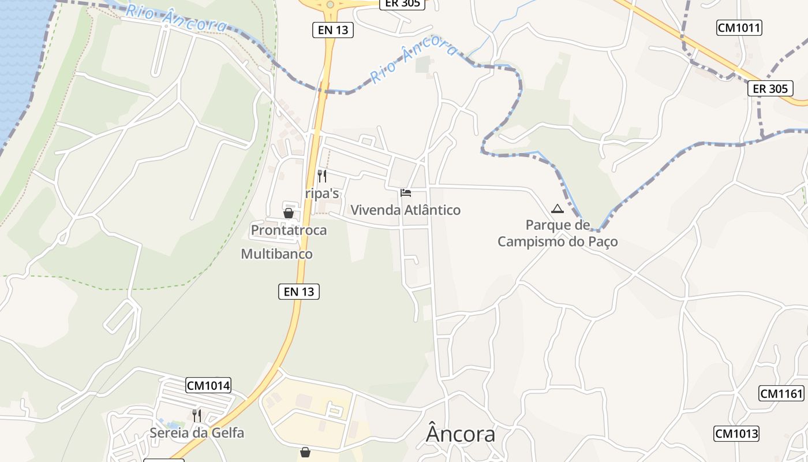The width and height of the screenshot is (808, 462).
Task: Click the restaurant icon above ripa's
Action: (x=322, y=176)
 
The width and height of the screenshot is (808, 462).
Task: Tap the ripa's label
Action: (x=322, y=193)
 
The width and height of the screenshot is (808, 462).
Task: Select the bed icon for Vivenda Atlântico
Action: (x=406, y=192)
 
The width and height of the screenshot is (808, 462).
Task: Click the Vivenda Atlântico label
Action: (x=406, y=210)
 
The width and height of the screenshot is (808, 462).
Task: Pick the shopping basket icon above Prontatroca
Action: (x=289, y=213)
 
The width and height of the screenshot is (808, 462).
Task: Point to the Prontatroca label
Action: (x=289, y=230)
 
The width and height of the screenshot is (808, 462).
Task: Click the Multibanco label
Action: (x=276, y=254)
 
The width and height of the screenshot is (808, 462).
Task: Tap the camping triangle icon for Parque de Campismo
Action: (x=557, y=208)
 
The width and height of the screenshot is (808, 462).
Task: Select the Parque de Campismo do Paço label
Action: (x=558, y=233)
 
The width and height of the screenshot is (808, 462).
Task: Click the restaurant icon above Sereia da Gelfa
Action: (x=197, y=415)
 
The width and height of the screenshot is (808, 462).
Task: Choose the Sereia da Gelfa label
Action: (x=197, y=433)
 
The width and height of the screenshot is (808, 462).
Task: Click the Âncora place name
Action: (x=461, y=434)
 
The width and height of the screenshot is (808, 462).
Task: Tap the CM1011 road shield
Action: (x=739, y=27)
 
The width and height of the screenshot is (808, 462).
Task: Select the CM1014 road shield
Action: (x=208, y=385)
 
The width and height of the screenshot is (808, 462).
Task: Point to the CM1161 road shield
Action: (x=781, y=394)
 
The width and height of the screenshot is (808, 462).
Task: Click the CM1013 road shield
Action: (x=736, y=434)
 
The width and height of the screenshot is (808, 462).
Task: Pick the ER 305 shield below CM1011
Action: (x=770, y=88)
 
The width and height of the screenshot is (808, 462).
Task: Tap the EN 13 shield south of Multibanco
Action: (x=299, y=292)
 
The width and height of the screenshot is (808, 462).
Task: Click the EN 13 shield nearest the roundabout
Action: (x=333, y=30)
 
